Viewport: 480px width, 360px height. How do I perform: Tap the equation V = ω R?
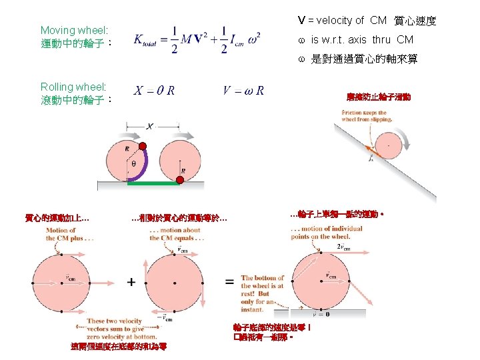click(x=243, y=90)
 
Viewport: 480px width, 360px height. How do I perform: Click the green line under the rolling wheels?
click(x=153, y=181)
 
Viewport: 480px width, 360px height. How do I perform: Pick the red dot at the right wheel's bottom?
click(x=180, y=180)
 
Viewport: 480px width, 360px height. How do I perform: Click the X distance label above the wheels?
click(x=149, y=126)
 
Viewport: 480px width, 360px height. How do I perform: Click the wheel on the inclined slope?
click(x=386, y=146)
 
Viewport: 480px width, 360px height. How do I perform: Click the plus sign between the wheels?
click(x=131, y=282)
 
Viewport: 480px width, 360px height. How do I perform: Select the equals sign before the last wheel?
click(x=229, y=282)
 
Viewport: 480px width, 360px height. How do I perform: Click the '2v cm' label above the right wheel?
click(x=343, y=247)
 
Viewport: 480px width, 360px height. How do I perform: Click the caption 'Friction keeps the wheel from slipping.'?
click(x=366, y=117)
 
